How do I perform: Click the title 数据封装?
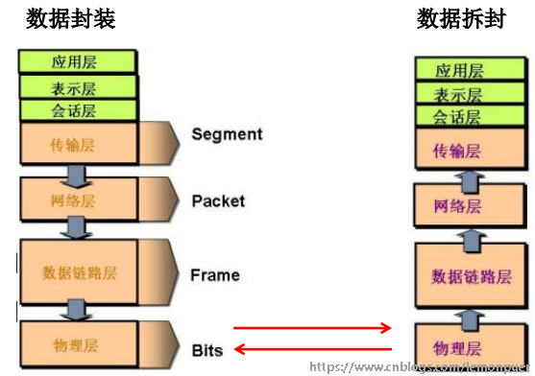pos(71,18)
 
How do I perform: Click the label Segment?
pos(227,134)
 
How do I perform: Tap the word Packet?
pos(218,200)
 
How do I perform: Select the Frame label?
pos(215,274)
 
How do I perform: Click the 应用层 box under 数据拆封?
pos(459,70)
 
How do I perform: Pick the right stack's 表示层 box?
pos(459,94)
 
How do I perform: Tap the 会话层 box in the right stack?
pos(459,118)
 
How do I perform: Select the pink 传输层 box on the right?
pos(459,151)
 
